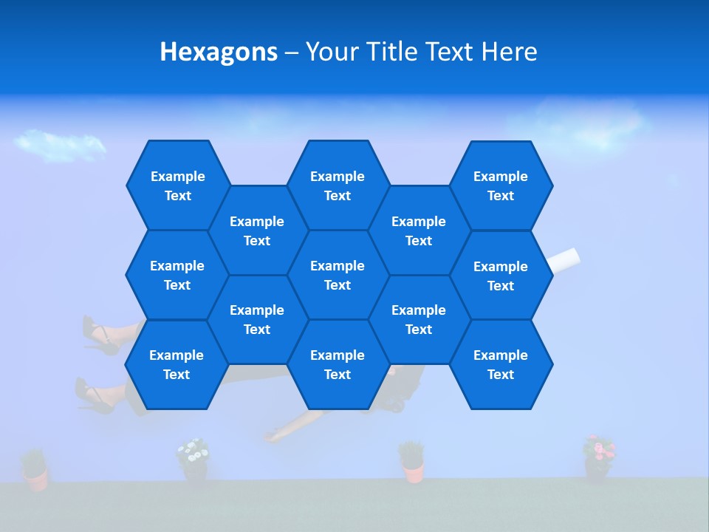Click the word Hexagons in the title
pos(219,52)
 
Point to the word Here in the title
pos(510,52)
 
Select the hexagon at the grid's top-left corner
pos(177,185)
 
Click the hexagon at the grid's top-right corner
pos(501,185)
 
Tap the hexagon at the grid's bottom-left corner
pos(177,364)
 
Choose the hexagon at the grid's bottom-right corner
pos(501,364)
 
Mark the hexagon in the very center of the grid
pos(338,275)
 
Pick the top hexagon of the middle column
pos(338,185)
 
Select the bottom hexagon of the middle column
pos(338,364)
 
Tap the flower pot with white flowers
pos(193,459)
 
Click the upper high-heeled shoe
pos(98,336)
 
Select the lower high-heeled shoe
pos(92,395)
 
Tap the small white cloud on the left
pos(59,144)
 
